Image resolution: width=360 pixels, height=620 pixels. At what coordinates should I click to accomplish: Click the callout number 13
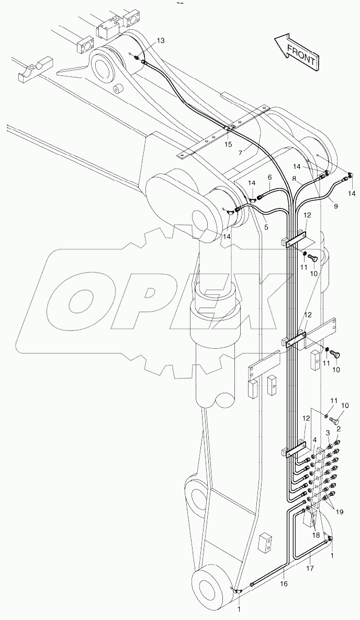(x=160, y=40)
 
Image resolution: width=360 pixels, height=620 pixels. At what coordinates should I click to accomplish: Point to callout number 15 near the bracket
(x=228, y=144)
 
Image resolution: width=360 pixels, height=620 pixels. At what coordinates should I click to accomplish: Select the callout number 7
(x=240, y=152)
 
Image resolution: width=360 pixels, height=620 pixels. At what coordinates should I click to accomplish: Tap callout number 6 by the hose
(x=269, y=178)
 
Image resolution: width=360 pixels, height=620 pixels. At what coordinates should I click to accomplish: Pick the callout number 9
(x=335, y=206)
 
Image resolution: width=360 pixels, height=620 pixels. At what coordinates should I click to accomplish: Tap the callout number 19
(x=340, y=512)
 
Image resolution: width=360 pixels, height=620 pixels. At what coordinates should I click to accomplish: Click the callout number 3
(x=328, y=433)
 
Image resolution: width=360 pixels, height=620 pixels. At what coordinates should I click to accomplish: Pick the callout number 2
(x=338, y=429)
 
